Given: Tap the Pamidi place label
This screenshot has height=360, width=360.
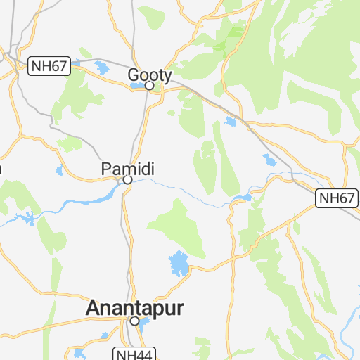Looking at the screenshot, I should click(127, 169).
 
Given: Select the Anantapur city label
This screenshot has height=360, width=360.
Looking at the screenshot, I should click(134, 308).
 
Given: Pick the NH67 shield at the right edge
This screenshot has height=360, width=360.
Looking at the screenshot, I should click(336, 198).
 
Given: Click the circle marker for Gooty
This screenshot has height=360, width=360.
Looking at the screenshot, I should click(149, 86).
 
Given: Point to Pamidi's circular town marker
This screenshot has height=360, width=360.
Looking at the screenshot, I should click(127, 180).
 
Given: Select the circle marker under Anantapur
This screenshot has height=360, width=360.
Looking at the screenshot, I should click(134, 321).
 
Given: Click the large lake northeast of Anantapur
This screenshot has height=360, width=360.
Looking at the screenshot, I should click(179, 264).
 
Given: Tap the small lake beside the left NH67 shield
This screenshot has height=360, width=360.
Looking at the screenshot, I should click(101, 68).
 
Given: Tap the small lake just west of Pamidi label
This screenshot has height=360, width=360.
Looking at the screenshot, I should click(60, 170).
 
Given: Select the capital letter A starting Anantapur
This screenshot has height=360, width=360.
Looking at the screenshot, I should click(94, 308).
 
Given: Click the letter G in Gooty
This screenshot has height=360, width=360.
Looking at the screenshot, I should click(134, 74).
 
